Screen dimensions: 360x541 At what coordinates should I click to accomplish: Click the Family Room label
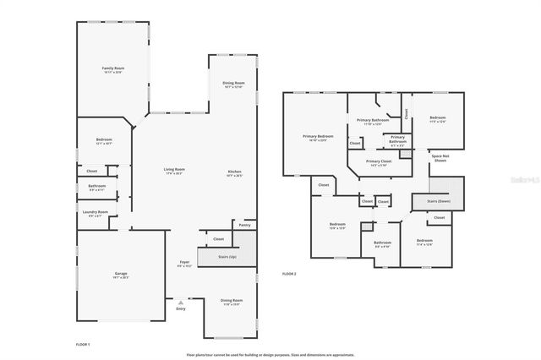click(113, 68)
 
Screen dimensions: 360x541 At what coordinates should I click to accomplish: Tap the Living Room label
click(174, 170)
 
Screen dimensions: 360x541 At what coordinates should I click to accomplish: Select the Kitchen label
click(234, 172)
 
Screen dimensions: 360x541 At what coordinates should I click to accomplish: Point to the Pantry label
click(244, 226)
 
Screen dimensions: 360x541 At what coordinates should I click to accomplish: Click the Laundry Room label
click(95, 212)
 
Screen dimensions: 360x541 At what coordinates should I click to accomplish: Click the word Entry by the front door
click(180, 308)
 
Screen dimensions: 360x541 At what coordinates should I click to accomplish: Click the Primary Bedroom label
click(319, 136)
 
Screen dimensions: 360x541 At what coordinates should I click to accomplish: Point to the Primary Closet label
click(379, 161)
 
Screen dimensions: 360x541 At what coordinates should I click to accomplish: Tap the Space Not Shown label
click(440, 158)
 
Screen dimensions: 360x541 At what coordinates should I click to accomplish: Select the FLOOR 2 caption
click(289, 273)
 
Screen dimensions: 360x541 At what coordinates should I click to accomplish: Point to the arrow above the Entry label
click(180, 301)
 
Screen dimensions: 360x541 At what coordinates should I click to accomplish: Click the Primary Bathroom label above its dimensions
click(373, 121)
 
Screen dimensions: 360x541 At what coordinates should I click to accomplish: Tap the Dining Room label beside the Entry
click(232, 300)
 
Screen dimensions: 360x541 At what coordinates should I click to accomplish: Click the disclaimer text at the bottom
click(270, 355)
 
